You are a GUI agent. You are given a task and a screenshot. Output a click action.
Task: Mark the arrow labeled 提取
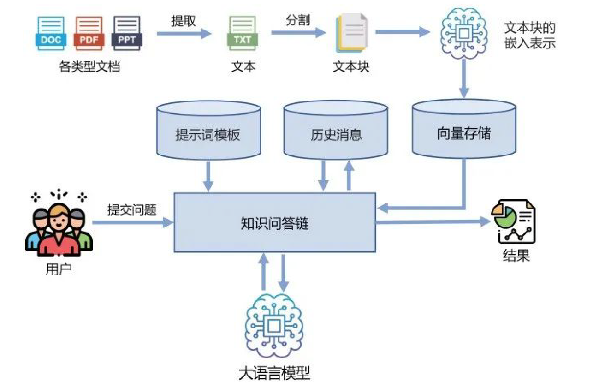coord(184,33)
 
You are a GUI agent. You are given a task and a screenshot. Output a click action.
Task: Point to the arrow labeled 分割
coord(298,33)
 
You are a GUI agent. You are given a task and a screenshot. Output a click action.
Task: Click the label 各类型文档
coord(89,67)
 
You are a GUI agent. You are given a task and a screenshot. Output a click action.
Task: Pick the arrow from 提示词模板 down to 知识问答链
coord(209,176)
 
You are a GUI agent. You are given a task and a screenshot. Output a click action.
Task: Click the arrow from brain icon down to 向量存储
coord(464,78)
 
